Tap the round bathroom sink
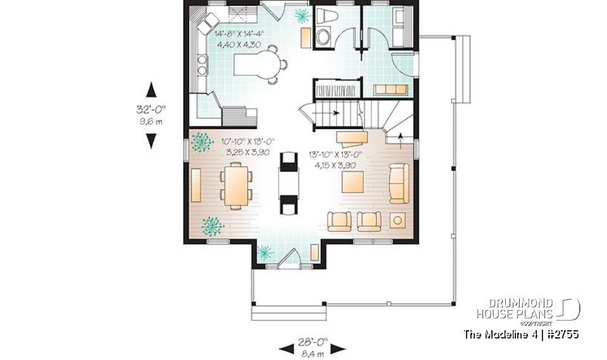coord(322,37)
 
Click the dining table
coord(236,185)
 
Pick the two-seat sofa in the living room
coord(398,183)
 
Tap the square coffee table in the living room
coord(353,182)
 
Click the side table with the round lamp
coord(398,220)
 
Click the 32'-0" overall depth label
coord(151,109)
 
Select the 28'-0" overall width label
coord(312,342)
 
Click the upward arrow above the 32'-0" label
coord(151,89)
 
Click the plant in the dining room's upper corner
coord(202,142)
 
